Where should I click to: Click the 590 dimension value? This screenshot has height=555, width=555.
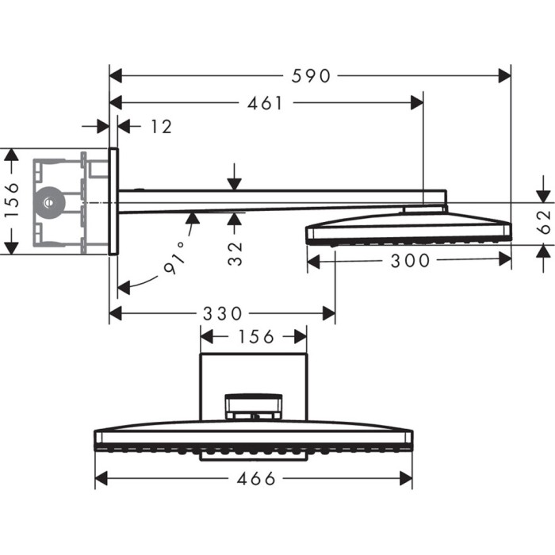(x=310, y=76)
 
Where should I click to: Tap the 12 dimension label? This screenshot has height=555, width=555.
(x=161, y=126)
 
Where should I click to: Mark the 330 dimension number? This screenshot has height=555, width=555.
(x=221, y=314)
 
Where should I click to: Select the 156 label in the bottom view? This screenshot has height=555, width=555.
(x=254, y=337)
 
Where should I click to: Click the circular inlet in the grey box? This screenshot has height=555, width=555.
(x=50, y=202)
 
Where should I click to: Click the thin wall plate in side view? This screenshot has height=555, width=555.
(x=113, y=201)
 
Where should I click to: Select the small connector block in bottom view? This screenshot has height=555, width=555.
(x=253, y=407)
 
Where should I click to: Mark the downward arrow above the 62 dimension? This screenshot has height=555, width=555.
(x=543, y=194)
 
